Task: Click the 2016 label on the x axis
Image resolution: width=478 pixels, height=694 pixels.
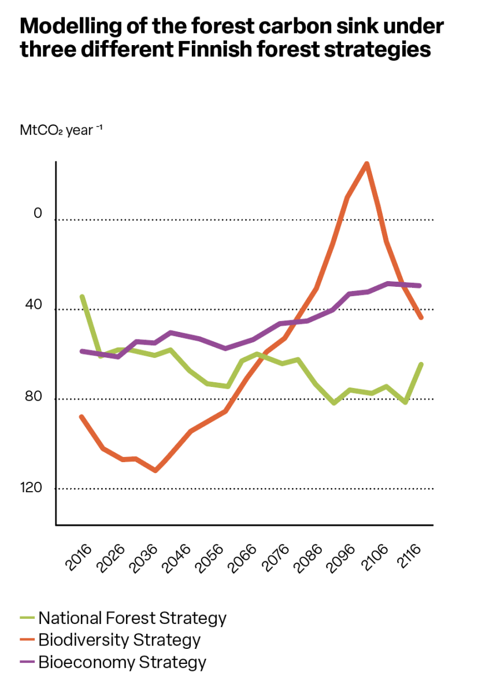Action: tap(79, 557)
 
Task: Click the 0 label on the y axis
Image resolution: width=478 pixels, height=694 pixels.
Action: tap(38, 213)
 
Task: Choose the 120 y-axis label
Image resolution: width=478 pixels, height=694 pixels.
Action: tap(31, 488)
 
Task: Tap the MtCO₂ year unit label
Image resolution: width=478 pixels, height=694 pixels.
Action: tap(61, 130)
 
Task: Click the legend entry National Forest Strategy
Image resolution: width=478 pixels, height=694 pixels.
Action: tap(132, 618)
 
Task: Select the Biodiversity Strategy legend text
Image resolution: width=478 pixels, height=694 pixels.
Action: tap(119, 640)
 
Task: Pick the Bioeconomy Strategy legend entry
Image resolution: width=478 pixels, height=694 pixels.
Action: tap(122, 662)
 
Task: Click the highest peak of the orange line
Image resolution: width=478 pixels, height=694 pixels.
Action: tap(366, 164)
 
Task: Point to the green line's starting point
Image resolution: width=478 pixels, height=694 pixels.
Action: tap(82, 296)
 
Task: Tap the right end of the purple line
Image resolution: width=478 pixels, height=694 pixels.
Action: tap(420, 286)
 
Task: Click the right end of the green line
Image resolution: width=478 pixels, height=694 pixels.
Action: tap(421, 364)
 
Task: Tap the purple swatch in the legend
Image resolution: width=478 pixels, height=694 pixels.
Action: tap(28, 662)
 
